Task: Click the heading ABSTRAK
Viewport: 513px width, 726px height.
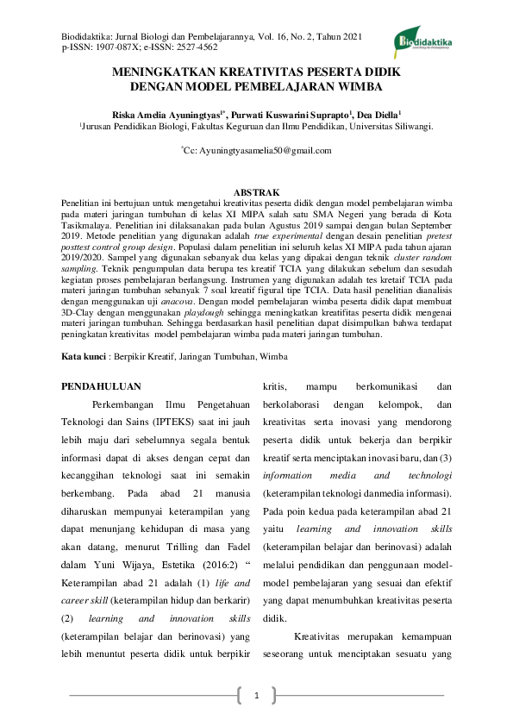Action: pyautogui.click(x=256, y=191)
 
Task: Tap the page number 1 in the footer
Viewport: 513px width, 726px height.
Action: pyautogui.click(x=256, y=695)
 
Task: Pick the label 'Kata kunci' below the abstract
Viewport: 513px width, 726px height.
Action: pyautogui.click(x=84, y=356)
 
